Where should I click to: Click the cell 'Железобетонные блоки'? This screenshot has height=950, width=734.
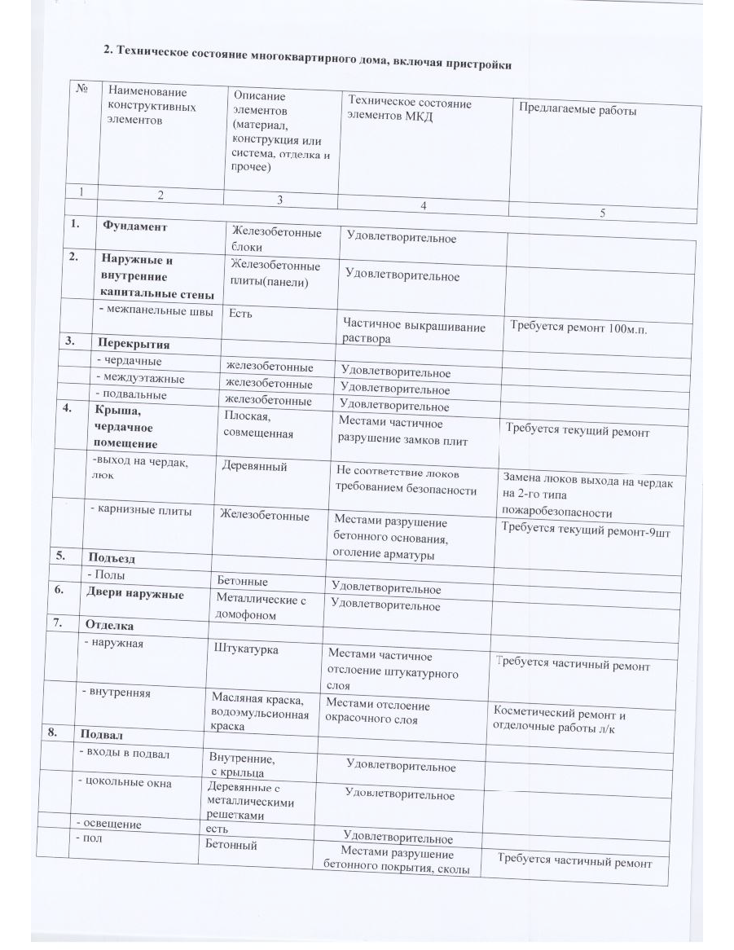tap(275, 240)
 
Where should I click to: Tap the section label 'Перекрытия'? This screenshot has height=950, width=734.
tap(130, 343)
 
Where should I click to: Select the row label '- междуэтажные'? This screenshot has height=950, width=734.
tap(140, 379)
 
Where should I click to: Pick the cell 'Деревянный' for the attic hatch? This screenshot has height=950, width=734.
tap(254, 467)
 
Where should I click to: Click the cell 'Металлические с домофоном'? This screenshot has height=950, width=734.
tap(259, 608)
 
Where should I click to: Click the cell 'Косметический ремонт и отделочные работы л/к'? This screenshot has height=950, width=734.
tap(559, 718)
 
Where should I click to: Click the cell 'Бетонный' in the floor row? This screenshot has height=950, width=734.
tap(232, 846)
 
